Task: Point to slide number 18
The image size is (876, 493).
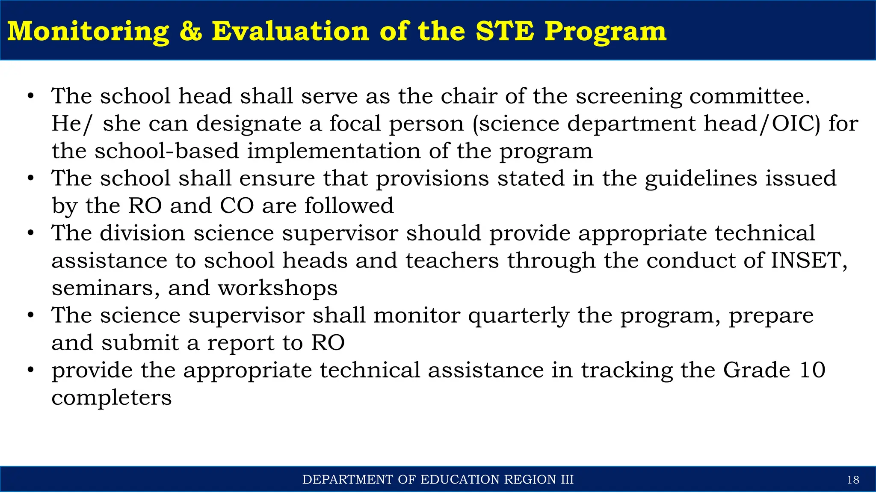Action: click(x=853, y=480)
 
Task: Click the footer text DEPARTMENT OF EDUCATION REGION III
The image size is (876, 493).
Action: click(x=438, y=479)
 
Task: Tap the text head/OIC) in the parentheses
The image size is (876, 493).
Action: click(x=762, y=124)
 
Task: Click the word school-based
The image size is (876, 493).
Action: click(x=167, y=151)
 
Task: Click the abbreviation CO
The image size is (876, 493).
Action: click(x=237, y=206)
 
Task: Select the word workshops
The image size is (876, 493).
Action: click(x=278, y=288)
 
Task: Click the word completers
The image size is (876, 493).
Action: click(x=112, y=398)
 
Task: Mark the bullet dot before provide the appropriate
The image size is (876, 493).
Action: click(x=30, y=370)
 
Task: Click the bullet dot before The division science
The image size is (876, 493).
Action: click(x=30, y=234)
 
